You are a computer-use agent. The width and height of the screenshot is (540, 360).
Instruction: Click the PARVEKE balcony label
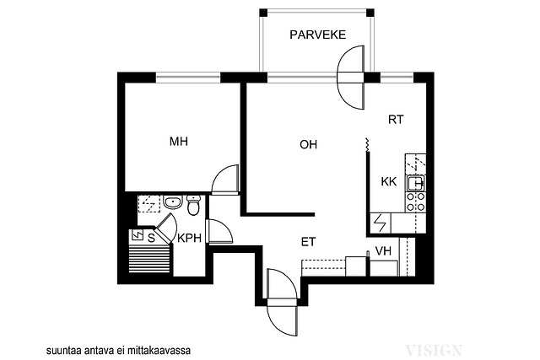coord(317,35)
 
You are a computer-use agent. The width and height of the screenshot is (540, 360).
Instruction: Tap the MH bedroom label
coord(179,142)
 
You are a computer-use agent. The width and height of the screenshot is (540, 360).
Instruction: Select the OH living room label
coord(308,144)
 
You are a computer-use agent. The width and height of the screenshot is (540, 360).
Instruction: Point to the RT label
coord(396,120)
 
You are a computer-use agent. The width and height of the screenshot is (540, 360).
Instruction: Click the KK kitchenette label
coord(389,181)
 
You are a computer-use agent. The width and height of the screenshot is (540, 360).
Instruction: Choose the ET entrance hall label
coord(308,242)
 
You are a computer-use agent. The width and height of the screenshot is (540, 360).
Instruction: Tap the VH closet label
coord(383,251)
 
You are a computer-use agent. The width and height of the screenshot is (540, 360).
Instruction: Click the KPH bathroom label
coord(189,238)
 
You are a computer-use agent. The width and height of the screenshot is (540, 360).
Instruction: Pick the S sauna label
coord(151,238)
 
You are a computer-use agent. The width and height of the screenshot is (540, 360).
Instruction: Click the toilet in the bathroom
coord(193,205)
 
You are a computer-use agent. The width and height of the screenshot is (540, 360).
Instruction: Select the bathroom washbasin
coord(173,202)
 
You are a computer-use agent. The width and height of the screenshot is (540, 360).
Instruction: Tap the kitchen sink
coord(416,183)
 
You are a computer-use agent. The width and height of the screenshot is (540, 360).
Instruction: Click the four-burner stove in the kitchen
coord(416,202)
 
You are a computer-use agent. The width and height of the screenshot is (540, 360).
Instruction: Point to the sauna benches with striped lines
coord(149,259)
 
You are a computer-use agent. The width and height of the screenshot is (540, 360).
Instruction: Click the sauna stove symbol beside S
coord(138,235)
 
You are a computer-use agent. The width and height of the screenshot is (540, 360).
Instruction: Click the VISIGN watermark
coord(434,350)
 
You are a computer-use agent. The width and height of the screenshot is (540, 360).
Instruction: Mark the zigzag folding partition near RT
coord(368,144)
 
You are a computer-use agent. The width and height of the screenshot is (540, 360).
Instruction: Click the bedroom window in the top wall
coord(188,78)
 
